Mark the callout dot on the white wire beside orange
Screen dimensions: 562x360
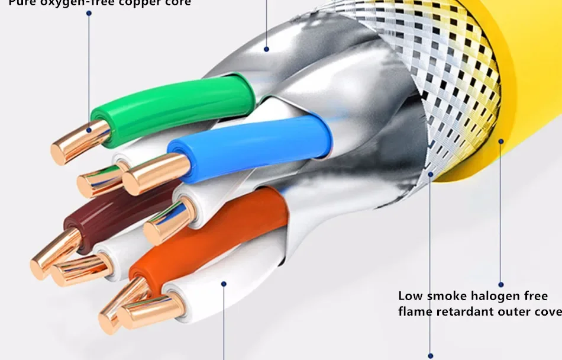tap(224, 284)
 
